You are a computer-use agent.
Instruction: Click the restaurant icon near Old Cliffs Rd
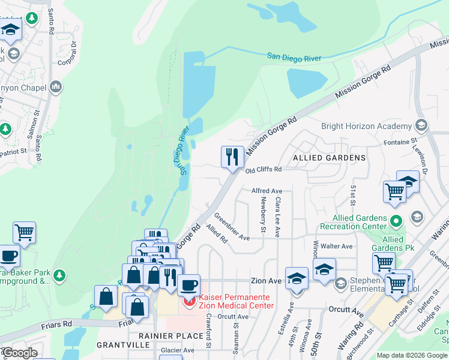(x=232, y=158)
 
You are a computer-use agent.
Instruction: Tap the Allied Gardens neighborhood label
(x=328, y=158)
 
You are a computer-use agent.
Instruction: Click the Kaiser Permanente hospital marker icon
(x=189, y=298)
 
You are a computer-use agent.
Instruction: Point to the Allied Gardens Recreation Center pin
(x=396, y=221)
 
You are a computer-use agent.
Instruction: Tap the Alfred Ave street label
(x=267, y=191)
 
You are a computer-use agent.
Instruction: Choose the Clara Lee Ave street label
(x=278, y=220)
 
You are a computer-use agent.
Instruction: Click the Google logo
(x=20, y=352)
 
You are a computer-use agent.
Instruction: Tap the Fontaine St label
(x=400, y=142)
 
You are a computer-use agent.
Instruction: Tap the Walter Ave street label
(x=337, y=246)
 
